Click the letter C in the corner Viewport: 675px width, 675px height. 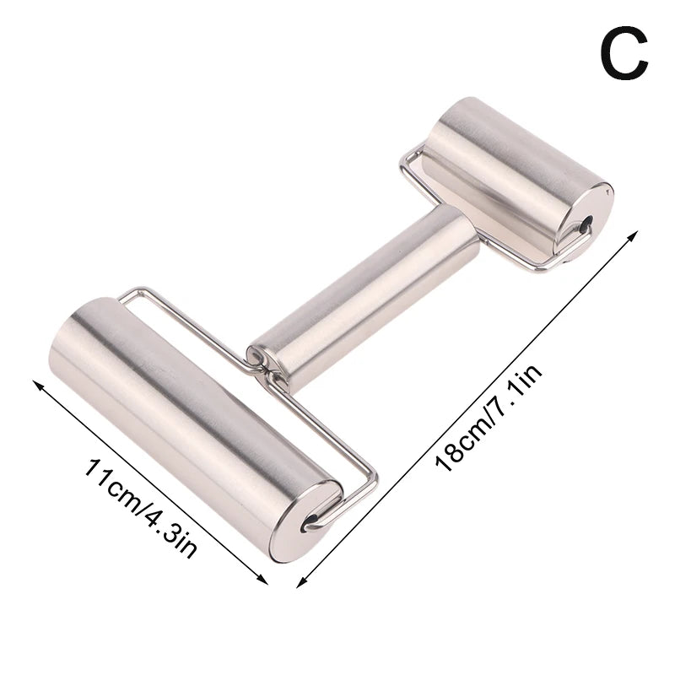coord(624,52)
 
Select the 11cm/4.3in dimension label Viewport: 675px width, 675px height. coord(140,506)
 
